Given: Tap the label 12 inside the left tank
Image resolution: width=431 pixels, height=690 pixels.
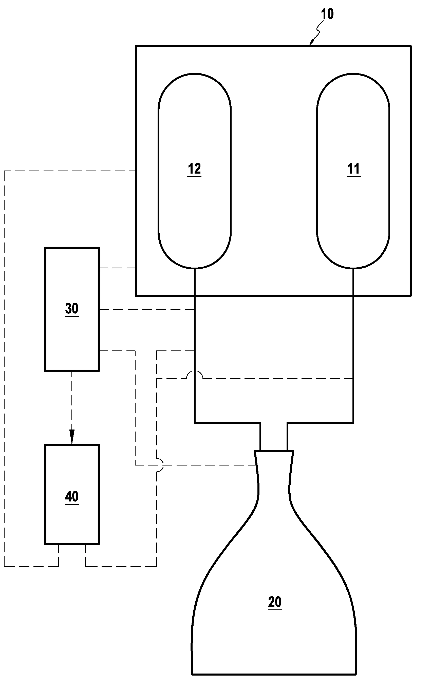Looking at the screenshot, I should [x=194, y=169].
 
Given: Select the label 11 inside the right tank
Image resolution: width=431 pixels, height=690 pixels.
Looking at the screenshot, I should [x=353, y=169].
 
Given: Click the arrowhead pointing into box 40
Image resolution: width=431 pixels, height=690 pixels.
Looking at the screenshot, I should [x=72, y=439].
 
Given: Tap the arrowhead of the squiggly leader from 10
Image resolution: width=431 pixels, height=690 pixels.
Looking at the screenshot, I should [x=312, y=43].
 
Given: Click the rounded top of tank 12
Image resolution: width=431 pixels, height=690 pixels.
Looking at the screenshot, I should [x=195, y=75].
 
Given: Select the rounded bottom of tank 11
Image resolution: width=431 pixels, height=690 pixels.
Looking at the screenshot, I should [x=353, y=267].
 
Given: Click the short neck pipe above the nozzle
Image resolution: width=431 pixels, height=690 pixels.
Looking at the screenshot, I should [x=274, y=436].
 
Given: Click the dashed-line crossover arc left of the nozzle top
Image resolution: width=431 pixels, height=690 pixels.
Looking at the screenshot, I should [x=160, y=465].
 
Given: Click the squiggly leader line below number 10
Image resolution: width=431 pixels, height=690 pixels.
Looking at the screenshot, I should [x=319, y=30].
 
